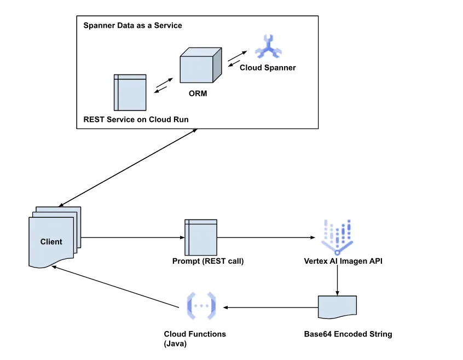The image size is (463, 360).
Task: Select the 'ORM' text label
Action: (198, 94)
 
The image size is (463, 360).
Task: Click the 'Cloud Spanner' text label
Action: (268, 68)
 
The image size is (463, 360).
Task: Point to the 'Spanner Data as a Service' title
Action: (132, 26)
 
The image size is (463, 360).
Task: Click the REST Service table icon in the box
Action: (130, 92)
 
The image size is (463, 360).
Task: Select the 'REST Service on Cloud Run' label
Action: (139, 119)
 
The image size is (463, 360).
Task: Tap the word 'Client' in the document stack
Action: (51, 241)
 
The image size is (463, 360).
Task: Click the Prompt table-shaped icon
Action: (201, 237)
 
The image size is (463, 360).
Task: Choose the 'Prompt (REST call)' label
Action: (208, 261)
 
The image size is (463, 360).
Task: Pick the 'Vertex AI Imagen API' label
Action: (343, 261)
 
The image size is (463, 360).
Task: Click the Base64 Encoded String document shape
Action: (337, 307)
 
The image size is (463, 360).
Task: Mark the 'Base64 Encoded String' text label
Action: (348, 334)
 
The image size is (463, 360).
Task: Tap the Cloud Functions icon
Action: (201, 306)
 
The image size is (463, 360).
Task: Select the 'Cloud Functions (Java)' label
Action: (195, 339)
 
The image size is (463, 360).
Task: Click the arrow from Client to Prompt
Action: (131, 237)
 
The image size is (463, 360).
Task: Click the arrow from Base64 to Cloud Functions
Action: (271, 307)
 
